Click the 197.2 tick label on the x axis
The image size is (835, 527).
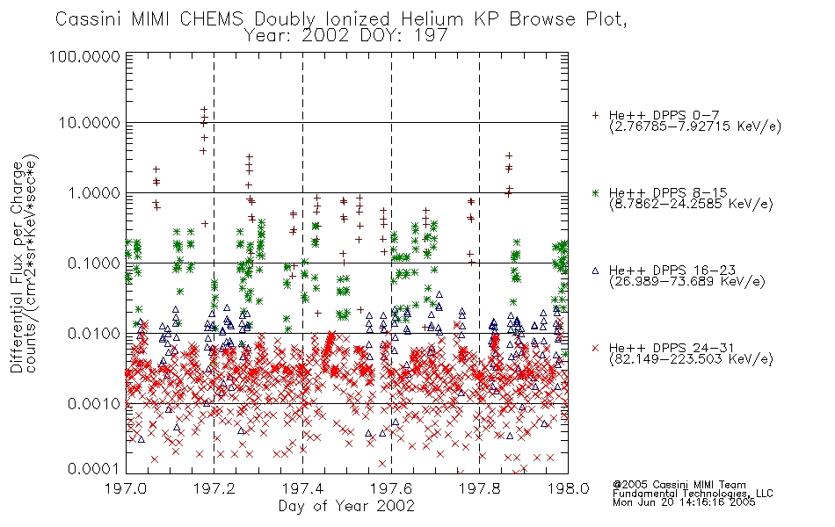[x=214, y=488]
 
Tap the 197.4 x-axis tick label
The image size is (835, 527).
[x=302, y=488]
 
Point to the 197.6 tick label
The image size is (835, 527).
[x=391, y=488]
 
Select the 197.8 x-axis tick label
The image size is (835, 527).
[x=479, y=488]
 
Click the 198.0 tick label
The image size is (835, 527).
[x=568, y=488]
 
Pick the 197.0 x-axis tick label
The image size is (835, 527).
[x=126, y=488]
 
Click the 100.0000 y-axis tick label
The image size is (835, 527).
[x=84, y=56]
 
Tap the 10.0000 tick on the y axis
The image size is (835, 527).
[x=89, y=123]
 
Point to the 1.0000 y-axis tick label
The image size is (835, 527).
[x=93, y=192]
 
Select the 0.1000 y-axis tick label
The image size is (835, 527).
[x=93, y=263]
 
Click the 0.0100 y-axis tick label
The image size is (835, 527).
[x=93, y=334]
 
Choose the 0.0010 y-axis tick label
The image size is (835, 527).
[x=93, y=403]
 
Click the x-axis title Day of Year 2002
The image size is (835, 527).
[x=346, y=506]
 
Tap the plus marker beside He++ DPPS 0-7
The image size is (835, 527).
[x=595, y=115]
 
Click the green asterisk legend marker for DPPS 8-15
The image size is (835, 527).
[x=595, y=192]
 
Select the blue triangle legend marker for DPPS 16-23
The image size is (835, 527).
[x=595, y=271]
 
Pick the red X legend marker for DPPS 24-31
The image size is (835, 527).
[x=595, y=348]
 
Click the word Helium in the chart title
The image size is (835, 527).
[x=432, y=19]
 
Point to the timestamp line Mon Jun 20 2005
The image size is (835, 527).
[x=684, y=502]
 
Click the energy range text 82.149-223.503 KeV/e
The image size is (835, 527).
[x=691, y=359]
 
